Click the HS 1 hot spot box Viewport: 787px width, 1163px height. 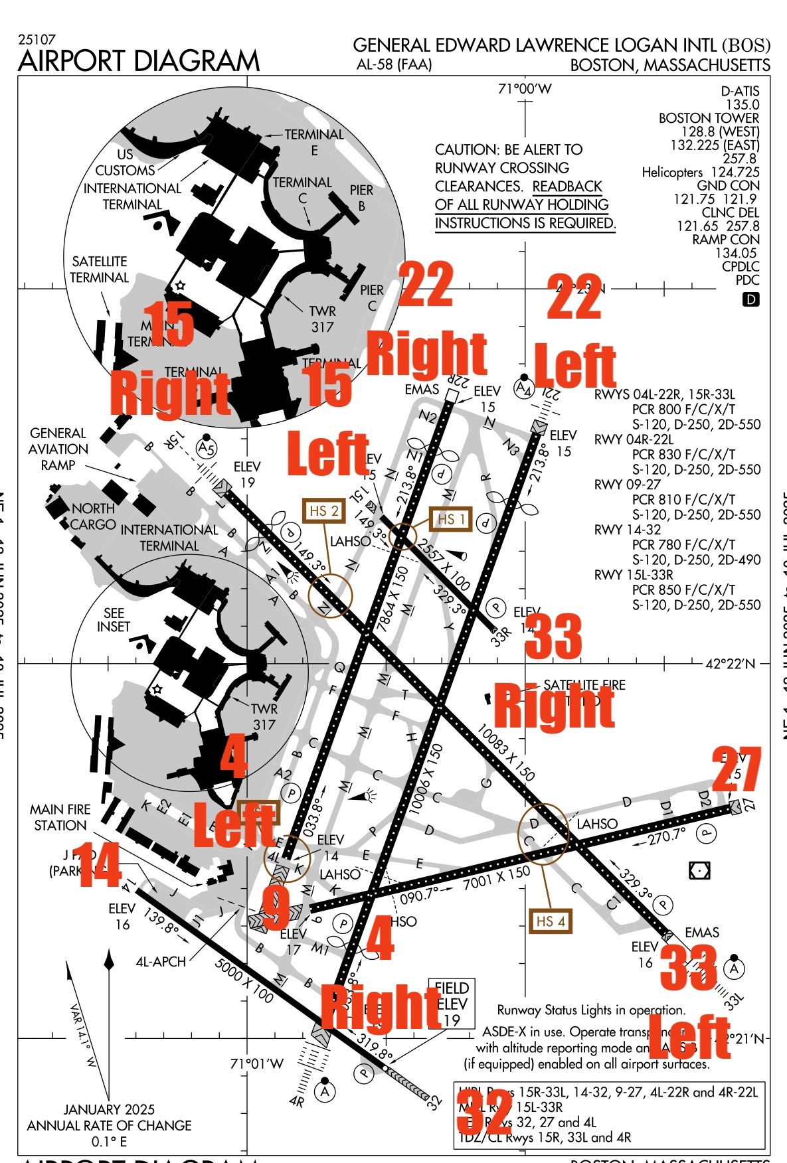tap(451, 519)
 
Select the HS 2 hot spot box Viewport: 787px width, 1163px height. tap(324, 510)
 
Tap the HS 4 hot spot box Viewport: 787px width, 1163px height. tap(551, 921)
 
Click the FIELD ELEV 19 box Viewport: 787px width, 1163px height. tap(452, 1004)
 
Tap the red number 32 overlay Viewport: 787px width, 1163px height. tap(485, 1112)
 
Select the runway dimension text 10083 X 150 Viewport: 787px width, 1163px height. tap(505, 752)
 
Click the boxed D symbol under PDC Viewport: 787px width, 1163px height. tap(750, 299)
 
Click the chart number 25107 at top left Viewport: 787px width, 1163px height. tap(37, 40)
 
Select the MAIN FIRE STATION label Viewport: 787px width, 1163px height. tap(60, 817)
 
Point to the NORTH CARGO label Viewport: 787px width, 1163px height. tap(93, 516)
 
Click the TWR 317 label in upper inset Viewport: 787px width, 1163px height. tap(322, 319)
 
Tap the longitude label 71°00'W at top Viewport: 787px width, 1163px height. tap(525, 89)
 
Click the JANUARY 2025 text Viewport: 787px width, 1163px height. tap(109, 1109)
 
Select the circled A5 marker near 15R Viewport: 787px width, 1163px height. tap(207, 448)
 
